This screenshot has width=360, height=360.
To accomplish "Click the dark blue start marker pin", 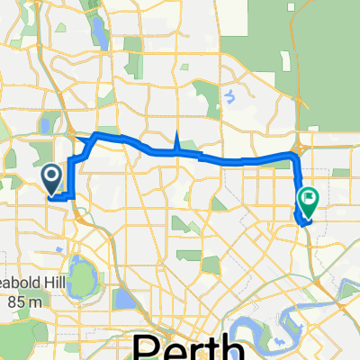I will tap(51, 175).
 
